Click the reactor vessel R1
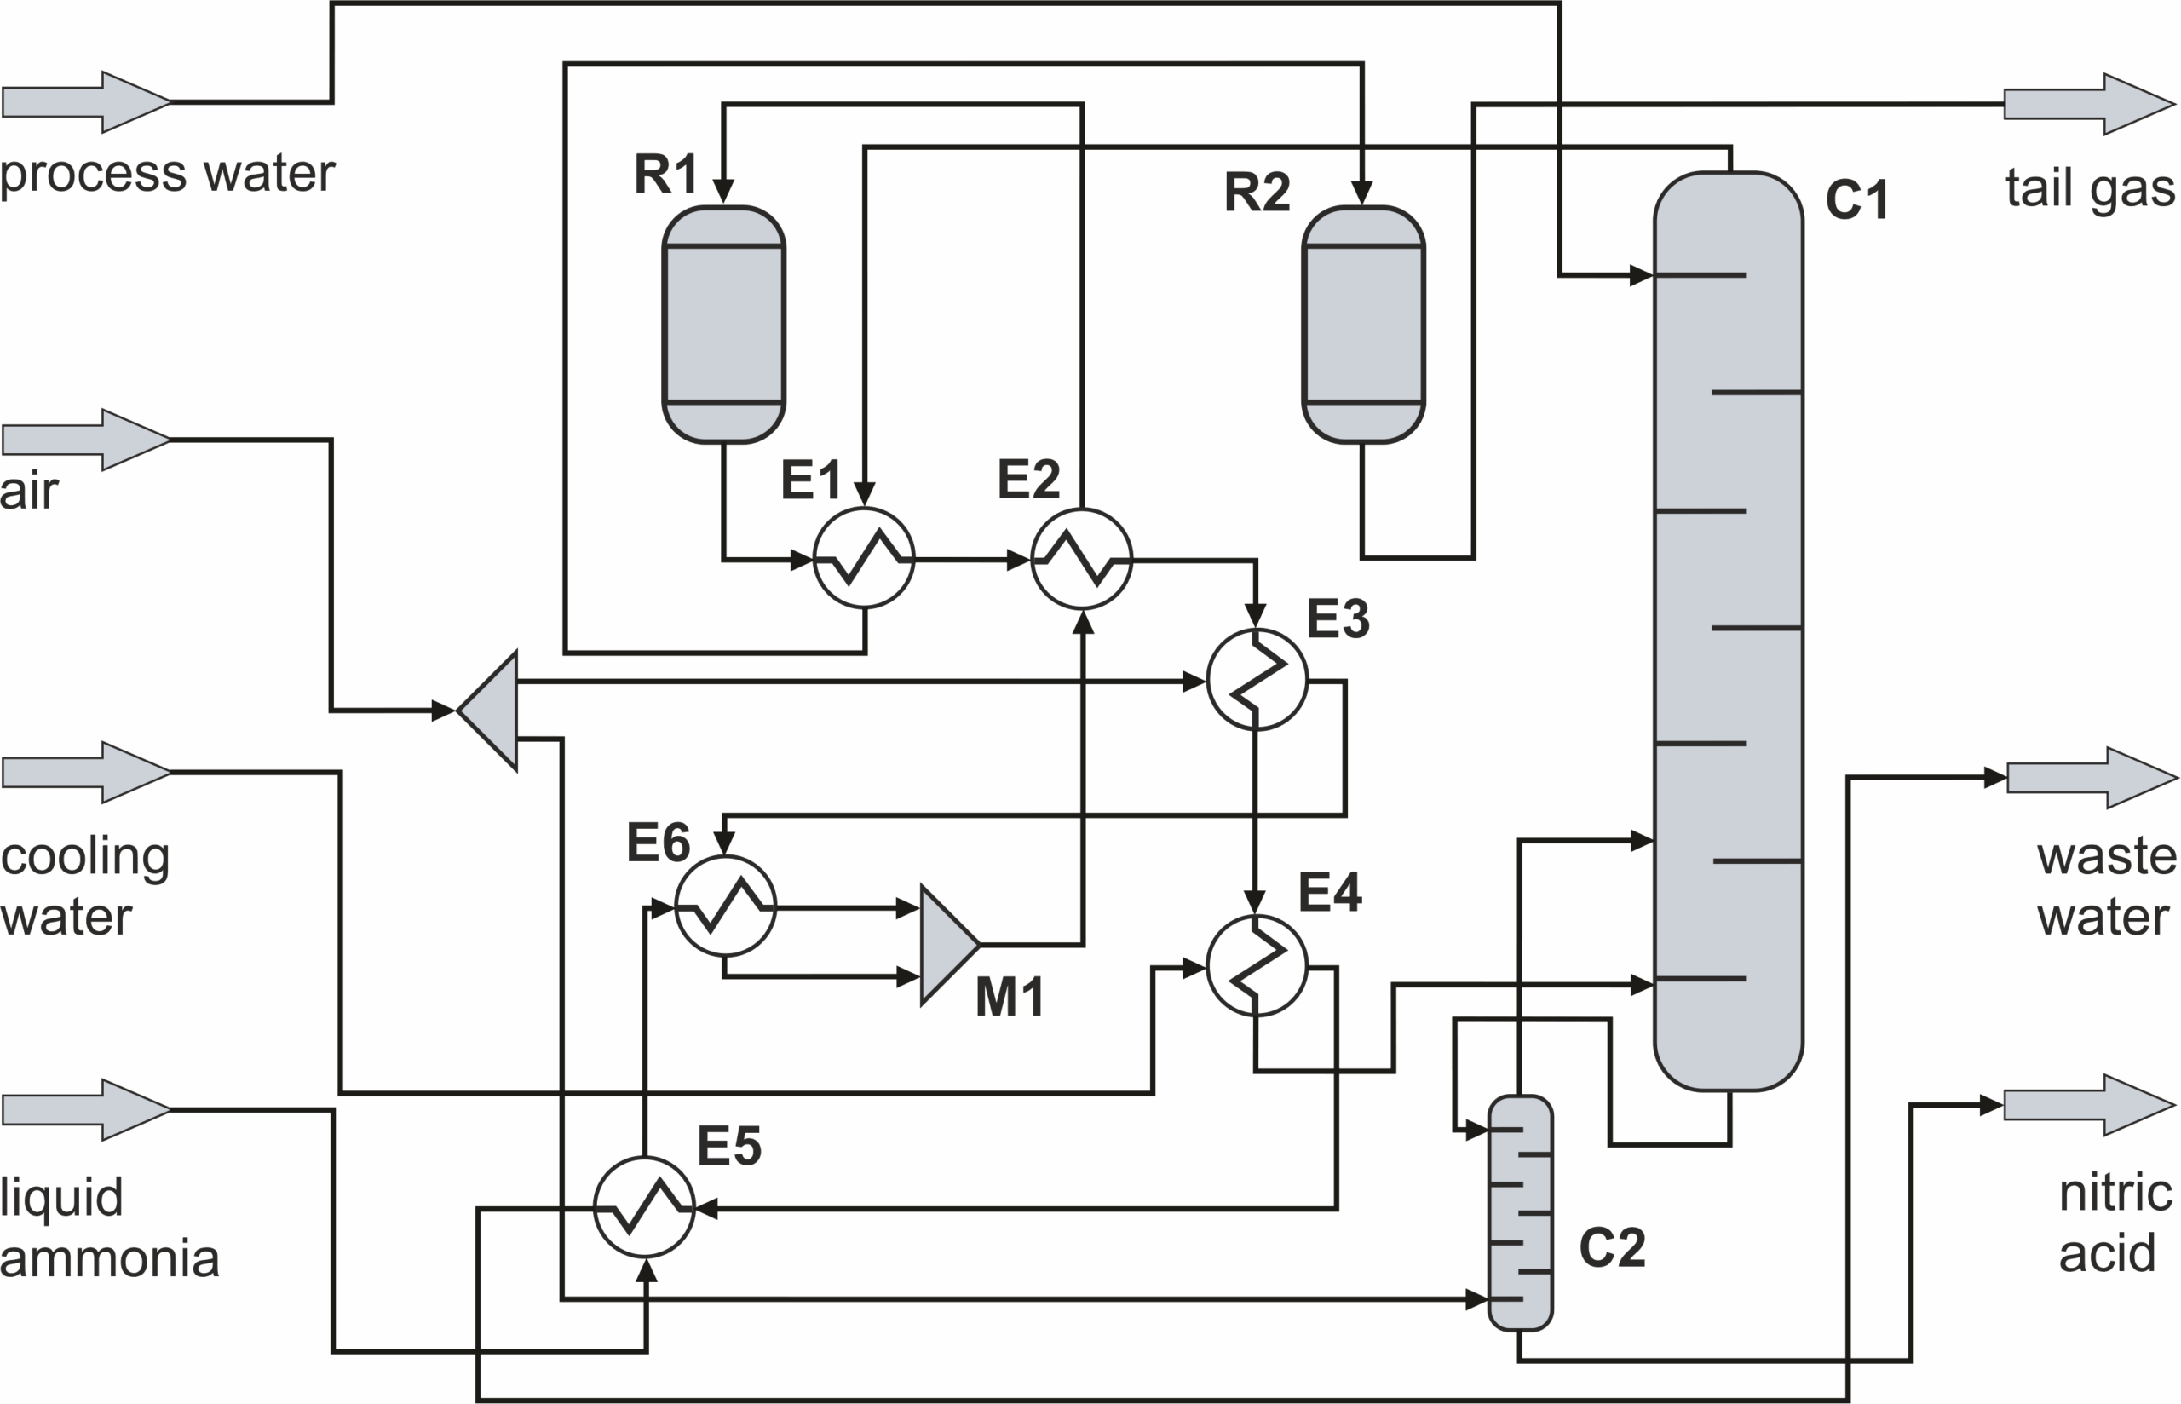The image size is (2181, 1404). (723, 325)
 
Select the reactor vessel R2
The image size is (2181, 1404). (1363, 325)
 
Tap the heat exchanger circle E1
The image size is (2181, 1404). (863, 558)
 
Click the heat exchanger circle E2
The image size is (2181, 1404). (1082, 558)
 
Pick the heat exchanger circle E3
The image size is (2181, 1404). (1257, 679)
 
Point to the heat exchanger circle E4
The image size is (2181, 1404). (1257, 965)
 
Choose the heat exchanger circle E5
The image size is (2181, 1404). (644, 1208)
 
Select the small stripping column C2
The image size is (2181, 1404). (1519, 1213)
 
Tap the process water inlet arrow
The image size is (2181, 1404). (87, 102)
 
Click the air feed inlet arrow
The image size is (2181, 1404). (87, 440)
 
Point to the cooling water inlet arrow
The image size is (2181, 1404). (87, 772)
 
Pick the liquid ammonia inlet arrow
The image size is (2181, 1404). (87, 1109)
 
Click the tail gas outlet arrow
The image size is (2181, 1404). (2090, 104)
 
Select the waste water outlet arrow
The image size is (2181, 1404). (2092, 778)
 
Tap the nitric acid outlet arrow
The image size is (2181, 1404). (2090, 1105)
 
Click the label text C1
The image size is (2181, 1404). (1856, 199)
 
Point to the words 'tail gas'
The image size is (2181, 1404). (2090, 189)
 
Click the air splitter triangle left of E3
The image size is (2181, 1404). (487, 711)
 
